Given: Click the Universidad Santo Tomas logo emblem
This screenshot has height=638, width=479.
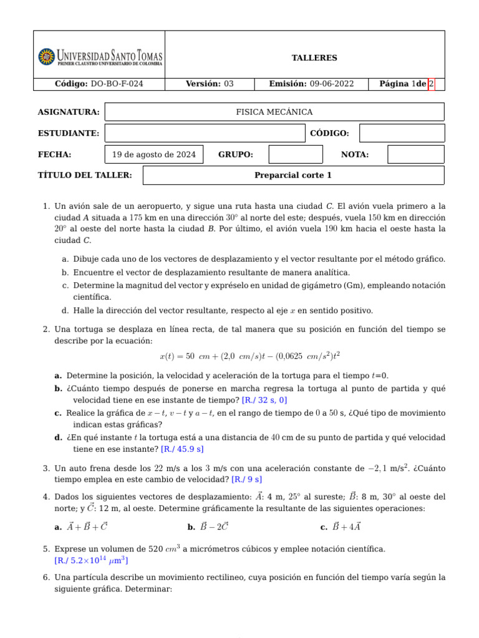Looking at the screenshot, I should [x=46, y=57].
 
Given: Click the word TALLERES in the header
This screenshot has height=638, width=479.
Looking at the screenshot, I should [x=314, y=58].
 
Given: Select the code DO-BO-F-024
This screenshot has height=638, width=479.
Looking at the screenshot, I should [x=117, y=84].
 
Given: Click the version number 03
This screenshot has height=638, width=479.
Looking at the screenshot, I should [x=229, y=84].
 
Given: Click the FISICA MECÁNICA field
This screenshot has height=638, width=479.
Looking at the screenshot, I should [x=274, y=112].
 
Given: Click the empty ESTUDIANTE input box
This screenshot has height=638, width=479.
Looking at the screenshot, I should [x=205, y=133].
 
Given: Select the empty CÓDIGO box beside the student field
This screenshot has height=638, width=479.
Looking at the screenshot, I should [x=402, y=133].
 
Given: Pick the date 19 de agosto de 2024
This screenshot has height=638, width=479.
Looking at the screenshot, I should [x=154, y=155].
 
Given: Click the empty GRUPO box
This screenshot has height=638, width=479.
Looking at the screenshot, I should [x=296, y=155].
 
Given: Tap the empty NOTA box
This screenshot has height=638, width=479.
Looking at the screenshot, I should [x=415, y=155].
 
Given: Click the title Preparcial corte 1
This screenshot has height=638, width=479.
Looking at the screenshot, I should [x=293, y=176].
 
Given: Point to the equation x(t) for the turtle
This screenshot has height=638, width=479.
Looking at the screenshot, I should [x=249, y=356].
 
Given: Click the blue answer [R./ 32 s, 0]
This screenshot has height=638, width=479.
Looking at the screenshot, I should [x=264, y=400].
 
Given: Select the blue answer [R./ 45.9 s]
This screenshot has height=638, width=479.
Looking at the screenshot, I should [x=182, y=449].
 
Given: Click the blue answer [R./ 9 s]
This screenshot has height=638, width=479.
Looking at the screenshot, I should [x=246, y=479].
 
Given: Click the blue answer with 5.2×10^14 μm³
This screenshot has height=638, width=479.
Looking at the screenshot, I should [x=92, y=561].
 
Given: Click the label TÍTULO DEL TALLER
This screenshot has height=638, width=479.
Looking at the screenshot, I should [x=85, y=176].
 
